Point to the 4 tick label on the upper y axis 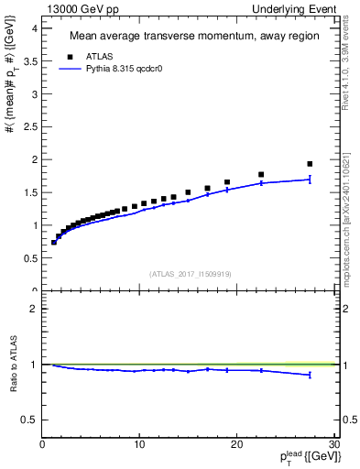(33, 27)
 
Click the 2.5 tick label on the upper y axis (29, 126)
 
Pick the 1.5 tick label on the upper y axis (29, 192)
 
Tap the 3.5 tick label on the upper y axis (29, 60)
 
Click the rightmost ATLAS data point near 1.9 (310, 164)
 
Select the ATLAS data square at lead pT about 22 (261, 174)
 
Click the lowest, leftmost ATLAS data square (54, 242)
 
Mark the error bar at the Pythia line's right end (310, 180)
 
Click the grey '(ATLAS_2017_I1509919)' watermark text (189, 273)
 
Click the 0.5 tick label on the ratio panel (29, 420)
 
